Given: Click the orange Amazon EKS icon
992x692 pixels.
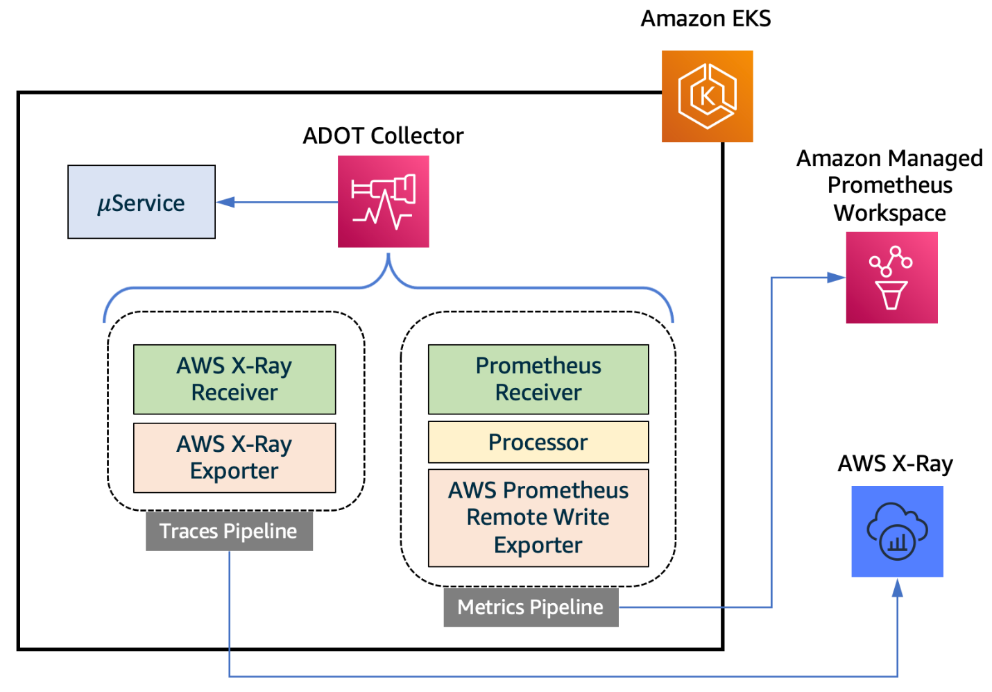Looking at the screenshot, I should (x=707, y=96).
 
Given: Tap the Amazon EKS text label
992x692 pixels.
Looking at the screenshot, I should (x=705, y=19).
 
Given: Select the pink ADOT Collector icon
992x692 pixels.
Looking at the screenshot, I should (x=383, y=201).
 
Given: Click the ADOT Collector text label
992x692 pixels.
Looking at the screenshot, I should (x=383, y=135).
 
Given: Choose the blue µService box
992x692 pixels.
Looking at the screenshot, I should (x=142, y=202).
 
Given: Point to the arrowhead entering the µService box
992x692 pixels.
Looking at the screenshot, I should (x=225, y=202).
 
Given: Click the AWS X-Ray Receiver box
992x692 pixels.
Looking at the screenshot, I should (x=234, y=379).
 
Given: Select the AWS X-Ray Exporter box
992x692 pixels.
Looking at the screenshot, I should (x=234, y=457).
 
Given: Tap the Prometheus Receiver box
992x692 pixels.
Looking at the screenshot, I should (x=538, y=379).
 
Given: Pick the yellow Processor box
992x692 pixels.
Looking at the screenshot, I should (x=538, y=442).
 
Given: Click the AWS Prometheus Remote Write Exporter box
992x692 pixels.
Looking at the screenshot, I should (x=538, y=518).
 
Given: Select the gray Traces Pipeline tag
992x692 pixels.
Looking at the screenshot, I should (x=229, y=531).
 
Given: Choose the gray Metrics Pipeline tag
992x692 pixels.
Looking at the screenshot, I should (x=531, y=607).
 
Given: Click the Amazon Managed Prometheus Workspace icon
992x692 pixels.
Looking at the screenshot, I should (x=891, y=278).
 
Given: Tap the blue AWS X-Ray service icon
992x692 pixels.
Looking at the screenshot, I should (x=897, y=531).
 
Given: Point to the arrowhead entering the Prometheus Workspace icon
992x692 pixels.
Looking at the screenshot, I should (x=837, y=278).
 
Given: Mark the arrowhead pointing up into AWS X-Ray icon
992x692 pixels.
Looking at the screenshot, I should (x=897, y=588).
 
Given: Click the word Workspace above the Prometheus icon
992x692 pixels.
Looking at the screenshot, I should (x=889, y=212).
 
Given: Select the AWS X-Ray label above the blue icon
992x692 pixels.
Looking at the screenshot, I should (x=895, y=463).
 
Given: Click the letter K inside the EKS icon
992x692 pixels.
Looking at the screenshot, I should (x=707, y=96).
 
